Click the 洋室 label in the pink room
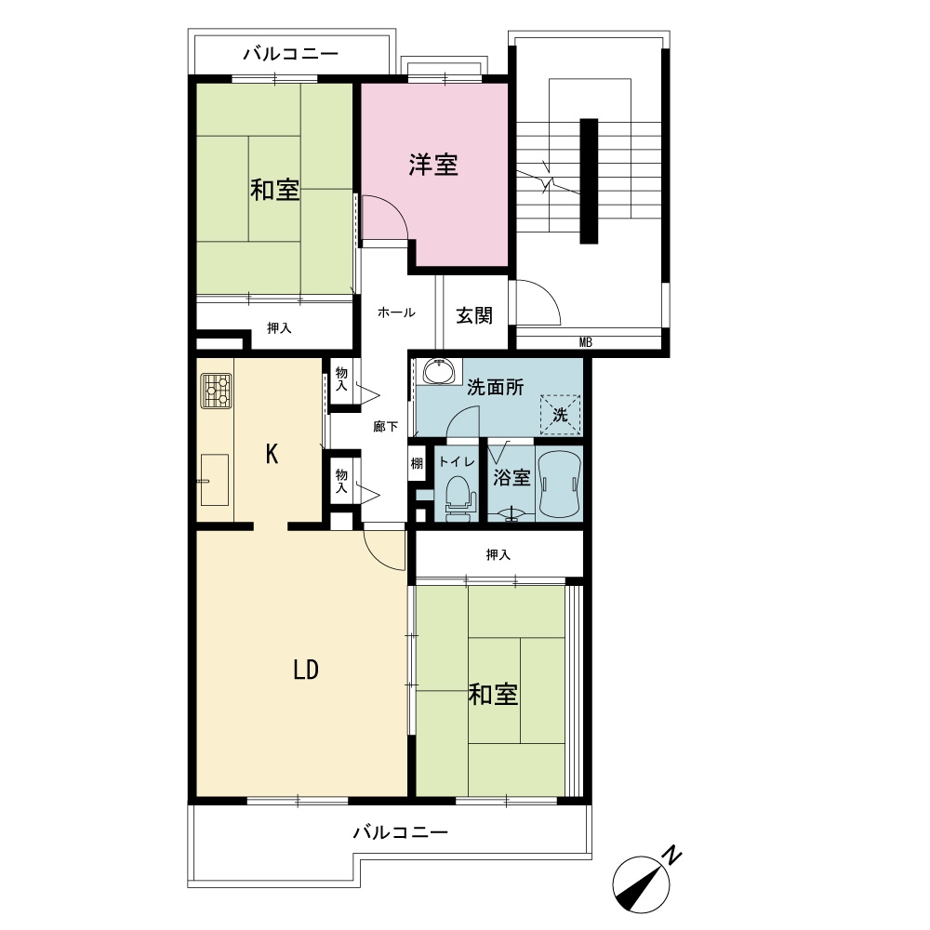[x=433, y=165]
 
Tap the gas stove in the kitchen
[x=216, y=391]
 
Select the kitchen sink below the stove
[x=214, y=480]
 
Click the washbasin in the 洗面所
[x=438, y=371]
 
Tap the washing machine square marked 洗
[x=560, y=415]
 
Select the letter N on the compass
[x=671, y=855]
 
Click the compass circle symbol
[x=641, y=885]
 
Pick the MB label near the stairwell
[x=585, y=342]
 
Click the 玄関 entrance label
[x=474, y=315]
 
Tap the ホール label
[x=396, y=312]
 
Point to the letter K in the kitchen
[x=272, y=455]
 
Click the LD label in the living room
[x=306, y=670]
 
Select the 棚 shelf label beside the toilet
[x=417, y=462]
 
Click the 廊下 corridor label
[x=386, y=427]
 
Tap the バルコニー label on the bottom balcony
[x=400, y=832]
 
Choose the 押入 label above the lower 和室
[x=498, y=554]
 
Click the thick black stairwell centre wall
[x=589, y=181]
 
